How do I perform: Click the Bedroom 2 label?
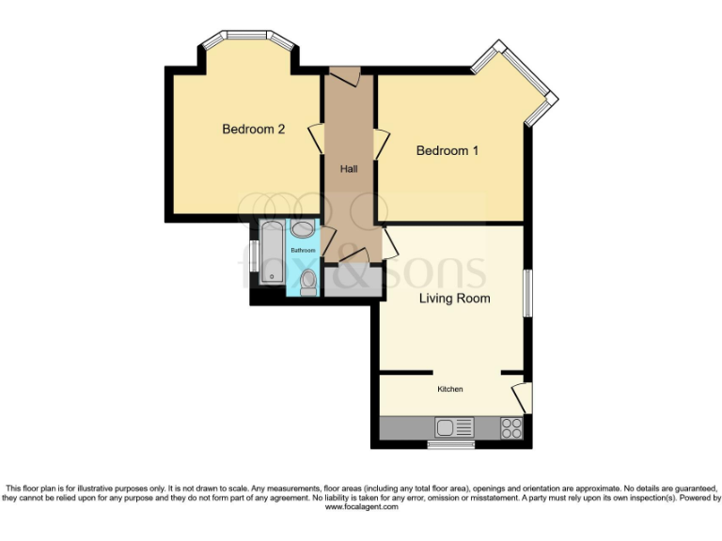click(x=253, y=130)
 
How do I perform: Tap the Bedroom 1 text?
click(x=447, y=150)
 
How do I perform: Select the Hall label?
click(x=349, y=169)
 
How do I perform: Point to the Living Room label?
click(x=455, y=299)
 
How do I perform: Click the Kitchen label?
click(x=449, y=389)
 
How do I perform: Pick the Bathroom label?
click(x=303, y=251)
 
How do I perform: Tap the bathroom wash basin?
click(x=303, y=229)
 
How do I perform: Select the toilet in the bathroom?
click(x=307, y=279)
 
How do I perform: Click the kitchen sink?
click(x=456, y=428)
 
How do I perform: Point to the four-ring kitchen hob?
click(x=511, y=428)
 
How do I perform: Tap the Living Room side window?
click(x=527, y=294)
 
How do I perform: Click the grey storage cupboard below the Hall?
click(x=351, y=282)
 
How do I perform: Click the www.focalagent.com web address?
click(x=361, y=507)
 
